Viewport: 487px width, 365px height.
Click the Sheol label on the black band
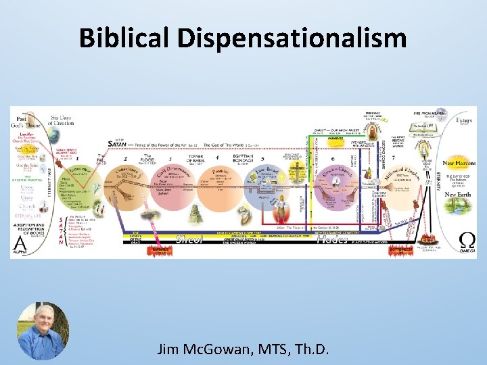tap(189, 239)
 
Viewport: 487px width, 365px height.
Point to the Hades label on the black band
tap(332, 239)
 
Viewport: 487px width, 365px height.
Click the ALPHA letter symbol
tap(22, 240)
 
